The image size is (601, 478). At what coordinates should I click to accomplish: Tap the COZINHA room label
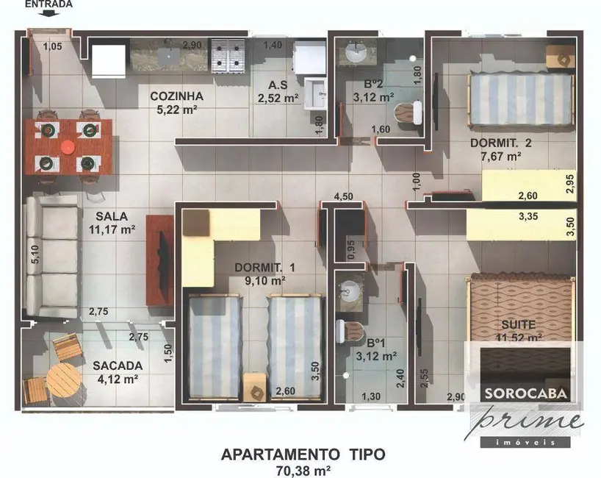pos(176,96)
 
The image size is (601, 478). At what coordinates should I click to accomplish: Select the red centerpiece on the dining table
pos(68,146)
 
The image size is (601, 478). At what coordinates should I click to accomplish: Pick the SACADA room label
pos(118,365)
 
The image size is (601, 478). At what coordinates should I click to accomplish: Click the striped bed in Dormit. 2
pos(521,99)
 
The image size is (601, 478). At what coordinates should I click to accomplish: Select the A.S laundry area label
pos(277,85)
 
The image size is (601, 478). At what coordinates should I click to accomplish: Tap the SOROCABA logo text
pos(525,393)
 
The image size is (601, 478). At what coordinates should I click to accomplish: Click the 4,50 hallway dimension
pos(344,196)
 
